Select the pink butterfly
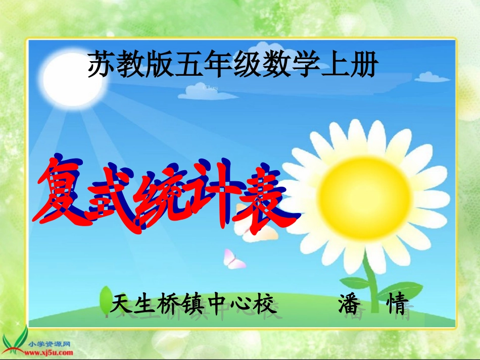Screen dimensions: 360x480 pos(233,259)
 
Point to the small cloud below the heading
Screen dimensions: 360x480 pos(205,91)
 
